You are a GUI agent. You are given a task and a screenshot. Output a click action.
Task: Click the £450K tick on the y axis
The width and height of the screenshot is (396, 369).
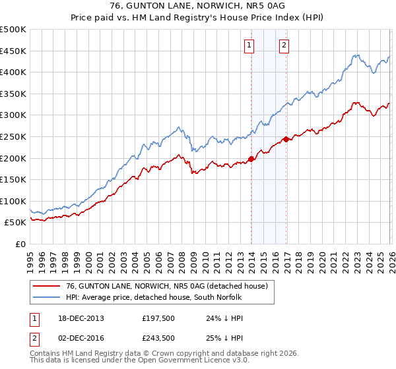pos(13,51)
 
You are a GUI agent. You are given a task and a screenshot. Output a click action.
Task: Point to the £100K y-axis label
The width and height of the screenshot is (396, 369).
pos(13,201)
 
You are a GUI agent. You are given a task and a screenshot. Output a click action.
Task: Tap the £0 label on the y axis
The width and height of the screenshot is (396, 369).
pos(20,244)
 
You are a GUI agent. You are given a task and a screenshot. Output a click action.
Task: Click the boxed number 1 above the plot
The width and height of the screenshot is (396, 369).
pos(249,45)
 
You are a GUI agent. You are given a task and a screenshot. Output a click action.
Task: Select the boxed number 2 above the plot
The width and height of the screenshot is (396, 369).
pos(284,45)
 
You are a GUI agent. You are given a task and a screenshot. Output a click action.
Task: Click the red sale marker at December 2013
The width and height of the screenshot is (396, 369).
pos(251,158)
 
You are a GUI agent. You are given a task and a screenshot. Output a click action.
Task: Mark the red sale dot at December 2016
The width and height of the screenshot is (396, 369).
pos(286,139)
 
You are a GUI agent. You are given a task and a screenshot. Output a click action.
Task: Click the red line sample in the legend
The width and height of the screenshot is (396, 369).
pos(48,286)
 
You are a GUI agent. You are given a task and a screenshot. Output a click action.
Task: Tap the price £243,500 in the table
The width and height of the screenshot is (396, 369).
pos(158,338)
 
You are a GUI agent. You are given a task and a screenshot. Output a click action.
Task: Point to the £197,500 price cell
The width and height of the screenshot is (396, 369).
pos(158,318)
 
